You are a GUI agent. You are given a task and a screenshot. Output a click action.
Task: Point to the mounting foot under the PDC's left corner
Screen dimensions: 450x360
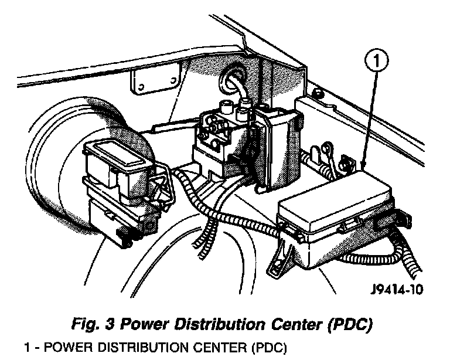280,258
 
